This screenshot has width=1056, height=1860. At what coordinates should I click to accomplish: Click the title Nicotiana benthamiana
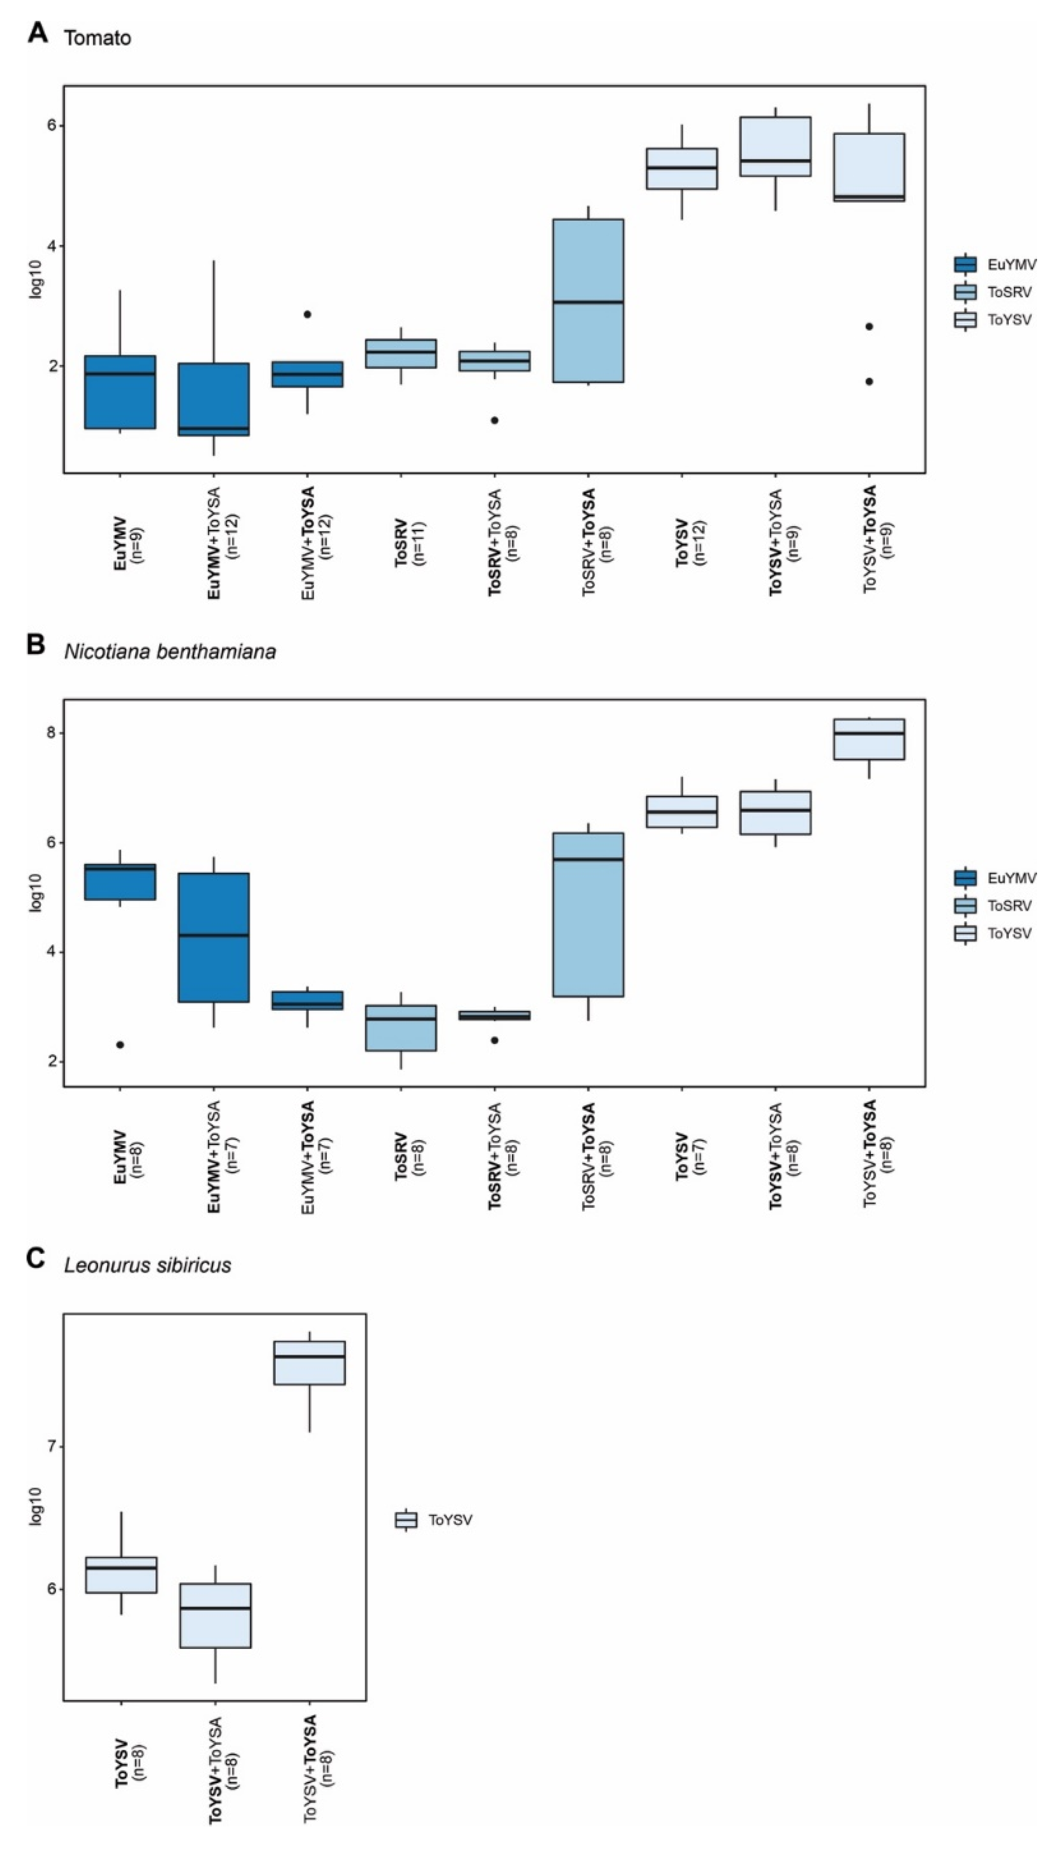[170, 651]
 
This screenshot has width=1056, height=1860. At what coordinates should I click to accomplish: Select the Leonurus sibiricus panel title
[147, 1266]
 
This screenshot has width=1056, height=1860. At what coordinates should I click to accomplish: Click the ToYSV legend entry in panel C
[450, 1520]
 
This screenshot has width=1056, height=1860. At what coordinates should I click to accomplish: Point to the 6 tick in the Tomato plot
[52, 125]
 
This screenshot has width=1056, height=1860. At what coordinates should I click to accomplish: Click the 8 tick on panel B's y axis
[52, 733]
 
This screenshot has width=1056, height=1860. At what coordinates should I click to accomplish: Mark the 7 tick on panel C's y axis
[52, 1447]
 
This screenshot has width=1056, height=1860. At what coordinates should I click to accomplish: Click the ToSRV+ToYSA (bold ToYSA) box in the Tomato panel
[588, 300]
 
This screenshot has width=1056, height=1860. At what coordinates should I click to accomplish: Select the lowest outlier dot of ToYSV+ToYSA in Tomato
[869, 381]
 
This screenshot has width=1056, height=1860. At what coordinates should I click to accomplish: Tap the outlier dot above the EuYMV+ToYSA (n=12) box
[307, 314]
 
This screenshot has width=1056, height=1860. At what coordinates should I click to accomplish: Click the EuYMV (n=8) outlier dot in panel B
[120, 1045]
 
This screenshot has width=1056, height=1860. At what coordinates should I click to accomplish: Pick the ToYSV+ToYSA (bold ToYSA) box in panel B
[869, 739]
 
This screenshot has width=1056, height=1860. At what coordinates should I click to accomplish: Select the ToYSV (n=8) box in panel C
[121, 1574]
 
